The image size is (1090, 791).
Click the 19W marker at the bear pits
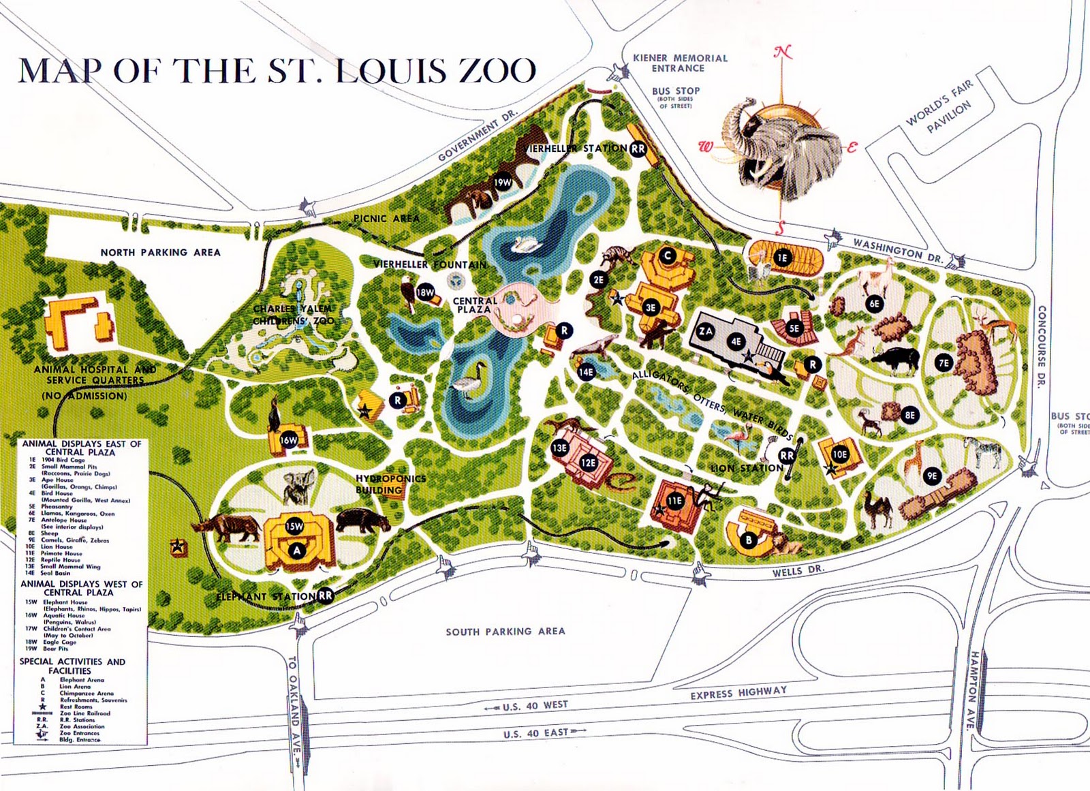point(503,182)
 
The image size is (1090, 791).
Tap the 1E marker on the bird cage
point(782,258)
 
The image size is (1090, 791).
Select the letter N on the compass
point(783,52)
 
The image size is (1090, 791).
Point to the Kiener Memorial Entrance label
point(680,63)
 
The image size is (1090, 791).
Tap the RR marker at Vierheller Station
point(638,149)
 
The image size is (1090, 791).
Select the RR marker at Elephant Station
point(326,595)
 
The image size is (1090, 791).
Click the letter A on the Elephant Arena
point(296,550)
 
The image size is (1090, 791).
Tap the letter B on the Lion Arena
point(749,540)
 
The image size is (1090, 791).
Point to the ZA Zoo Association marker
point(706,332)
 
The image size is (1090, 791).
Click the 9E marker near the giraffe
point(932,476)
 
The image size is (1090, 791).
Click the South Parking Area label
point(505,632)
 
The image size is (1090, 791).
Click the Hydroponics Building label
point(390,484)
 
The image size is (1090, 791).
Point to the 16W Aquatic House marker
point(289,440)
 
